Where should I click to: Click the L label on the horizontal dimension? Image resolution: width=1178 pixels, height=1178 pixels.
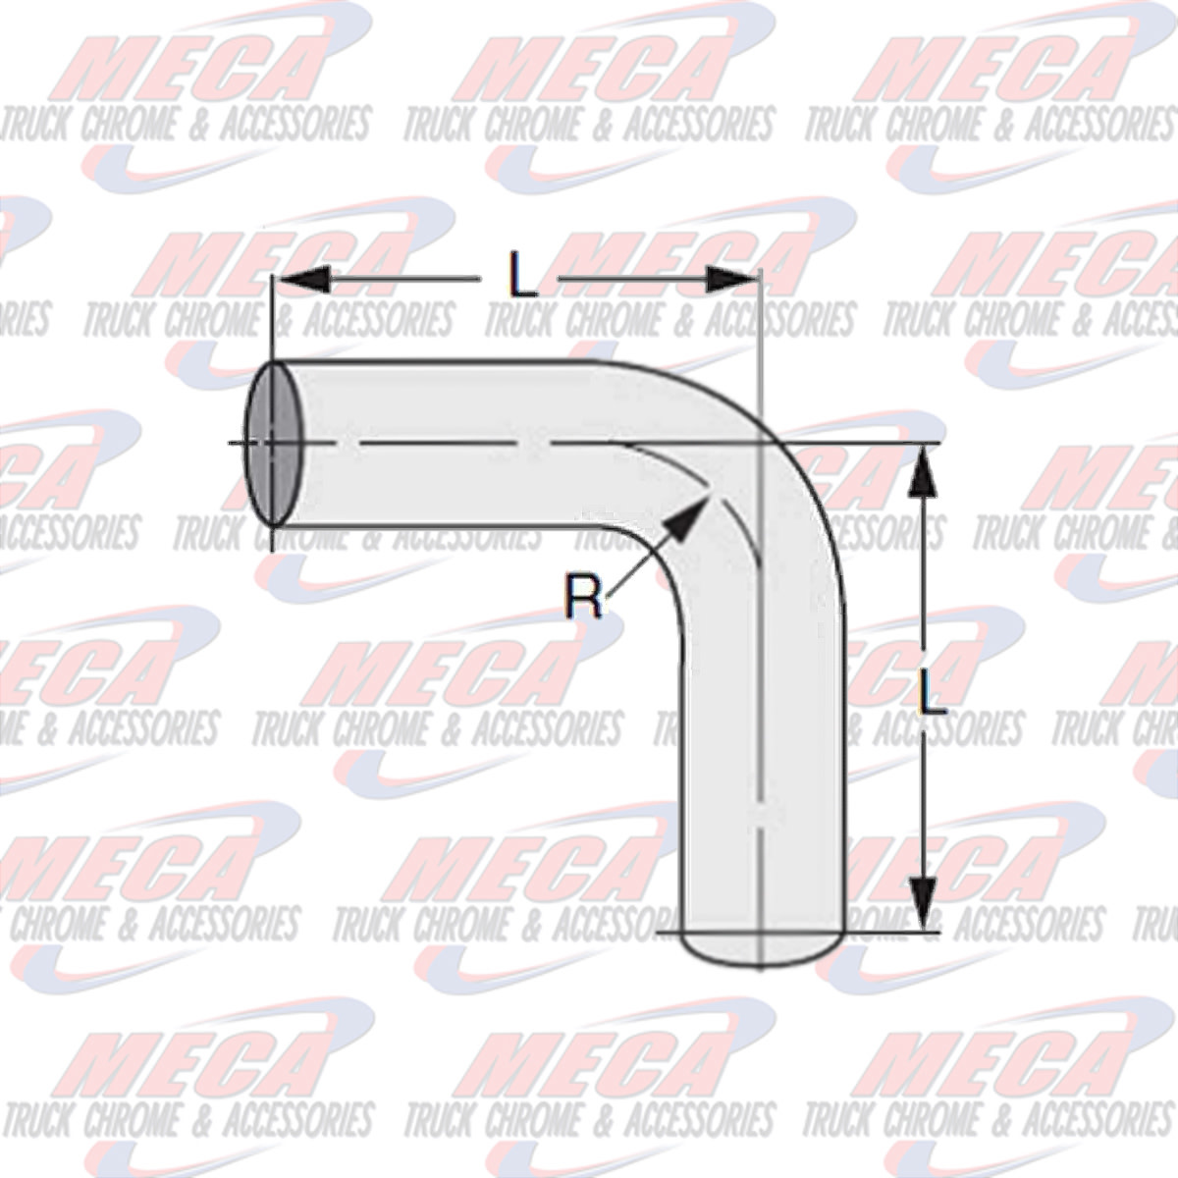click(x=523, y=278)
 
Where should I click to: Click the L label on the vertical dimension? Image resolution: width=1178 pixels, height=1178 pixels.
click(x=931, y=692)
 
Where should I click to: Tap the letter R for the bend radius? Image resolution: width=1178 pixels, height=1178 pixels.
click(x=584, y=596)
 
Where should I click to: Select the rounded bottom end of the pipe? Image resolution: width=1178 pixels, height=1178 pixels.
click(x=761, y=947)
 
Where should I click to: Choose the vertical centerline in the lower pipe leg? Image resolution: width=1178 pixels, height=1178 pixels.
click(x=762, y=785)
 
